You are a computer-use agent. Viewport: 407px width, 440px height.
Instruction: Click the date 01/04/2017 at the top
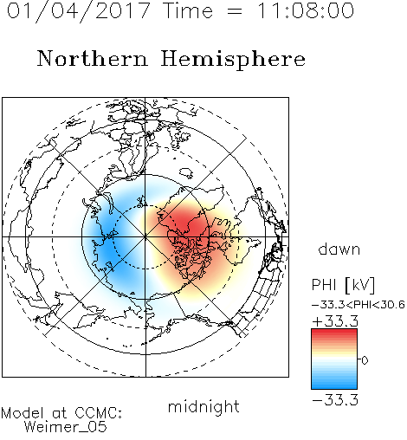[78, 11]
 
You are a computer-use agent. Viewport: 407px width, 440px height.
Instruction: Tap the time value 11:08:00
[305, 10]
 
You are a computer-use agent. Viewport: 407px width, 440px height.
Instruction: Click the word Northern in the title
[93, 58]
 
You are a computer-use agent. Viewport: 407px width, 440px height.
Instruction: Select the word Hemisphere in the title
[233, 60]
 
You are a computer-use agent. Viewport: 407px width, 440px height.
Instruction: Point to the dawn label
[339, 249]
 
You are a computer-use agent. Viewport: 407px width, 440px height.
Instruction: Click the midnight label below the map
[203, 407]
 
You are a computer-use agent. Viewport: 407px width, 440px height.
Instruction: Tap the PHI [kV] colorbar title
[343, 285]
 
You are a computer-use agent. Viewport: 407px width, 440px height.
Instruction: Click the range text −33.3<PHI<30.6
[359, 305]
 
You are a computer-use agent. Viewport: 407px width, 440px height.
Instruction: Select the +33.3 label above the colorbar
[335, 321]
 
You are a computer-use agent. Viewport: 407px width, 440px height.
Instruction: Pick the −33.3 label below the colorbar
[335, 400]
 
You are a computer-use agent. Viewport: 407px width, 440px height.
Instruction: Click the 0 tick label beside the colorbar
[365, 360]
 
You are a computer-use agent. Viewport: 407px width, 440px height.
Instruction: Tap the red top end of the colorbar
[334, 332]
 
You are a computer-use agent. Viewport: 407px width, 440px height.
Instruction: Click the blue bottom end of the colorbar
[334, 386]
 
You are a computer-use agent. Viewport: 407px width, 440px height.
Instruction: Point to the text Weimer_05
[66, 427]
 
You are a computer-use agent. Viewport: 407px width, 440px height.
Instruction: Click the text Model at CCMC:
[61, 413]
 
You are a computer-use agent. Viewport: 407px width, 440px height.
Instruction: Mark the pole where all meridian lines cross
[145, 236]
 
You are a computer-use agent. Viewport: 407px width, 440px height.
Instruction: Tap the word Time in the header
[188, 10]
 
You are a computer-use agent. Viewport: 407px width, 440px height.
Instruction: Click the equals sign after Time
[235, 11]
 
